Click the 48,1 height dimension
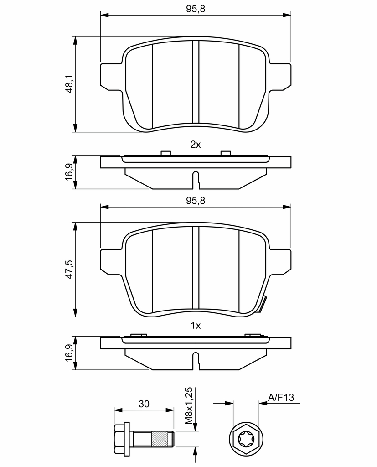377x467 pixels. [x=70, y=84]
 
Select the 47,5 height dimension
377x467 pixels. [x=70, y=269]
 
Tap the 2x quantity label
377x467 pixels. [x=196, y=145]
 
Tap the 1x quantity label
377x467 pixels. [x=196, y=326]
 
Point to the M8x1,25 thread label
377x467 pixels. [x=189, y=406]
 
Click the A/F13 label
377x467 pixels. [x=281, y=397]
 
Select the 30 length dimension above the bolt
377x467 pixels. [x=144, y=404]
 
